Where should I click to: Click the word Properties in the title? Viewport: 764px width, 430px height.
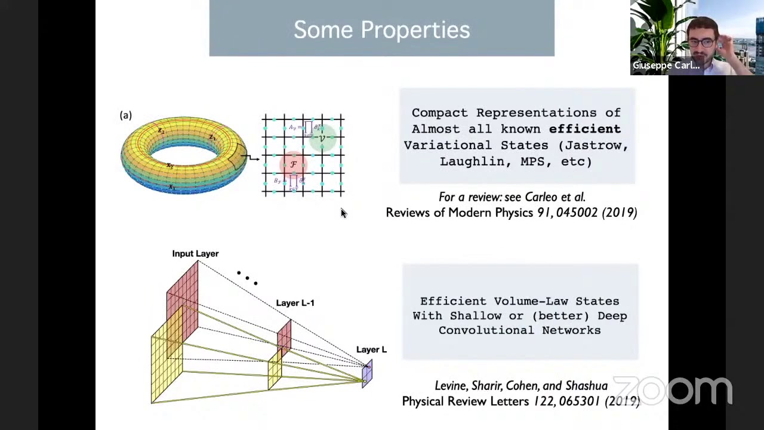coord(415,30)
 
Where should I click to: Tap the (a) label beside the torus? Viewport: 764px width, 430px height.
coord(125,115)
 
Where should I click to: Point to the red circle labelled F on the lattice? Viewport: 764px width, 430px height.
coord(293,164)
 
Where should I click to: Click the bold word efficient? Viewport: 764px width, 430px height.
coord(584,128)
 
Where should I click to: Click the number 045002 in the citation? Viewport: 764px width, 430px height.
coord(577,213)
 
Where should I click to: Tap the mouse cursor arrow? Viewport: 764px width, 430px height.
coord(343,213)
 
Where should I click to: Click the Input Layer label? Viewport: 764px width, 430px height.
coord(195,254)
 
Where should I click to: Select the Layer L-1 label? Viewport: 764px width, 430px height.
coord(295,303)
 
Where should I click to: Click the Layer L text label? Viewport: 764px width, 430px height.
coord(371,349)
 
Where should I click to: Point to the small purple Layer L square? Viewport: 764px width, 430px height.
coord(366,373)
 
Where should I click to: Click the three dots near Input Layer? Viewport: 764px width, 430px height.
coord(247,278)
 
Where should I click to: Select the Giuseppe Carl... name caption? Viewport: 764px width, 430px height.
coord(666,66)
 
